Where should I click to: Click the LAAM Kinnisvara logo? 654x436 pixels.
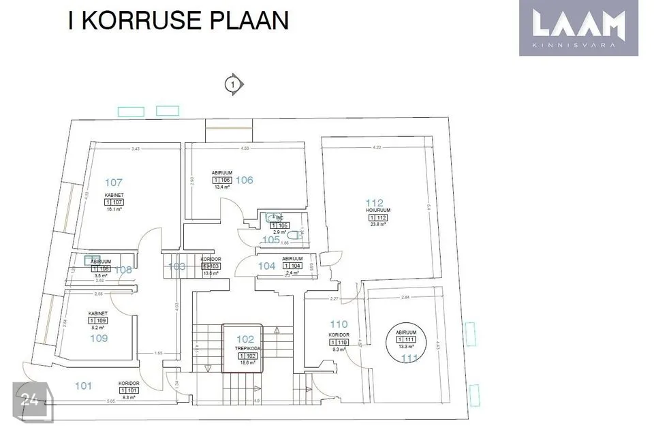coord(579,27)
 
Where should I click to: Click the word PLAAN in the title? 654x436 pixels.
coord(247,20)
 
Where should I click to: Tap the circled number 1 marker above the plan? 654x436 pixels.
coord(234,84)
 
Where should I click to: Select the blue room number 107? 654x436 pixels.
coord(114,182)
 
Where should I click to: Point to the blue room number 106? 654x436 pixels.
coord(245,180)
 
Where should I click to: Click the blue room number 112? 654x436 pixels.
coord(375,202)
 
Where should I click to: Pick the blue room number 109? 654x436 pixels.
coord(99,337)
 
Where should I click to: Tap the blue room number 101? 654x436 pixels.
coord(83,386)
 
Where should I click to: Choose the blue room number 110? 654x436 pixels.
coord(339,324)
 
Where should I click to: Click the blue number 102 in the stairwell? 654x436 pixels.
coord(245,338)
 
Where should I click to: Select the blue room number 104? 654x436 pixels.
coord(266,266)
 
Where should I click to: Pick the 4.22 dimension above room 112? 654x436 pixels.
coord(377,147)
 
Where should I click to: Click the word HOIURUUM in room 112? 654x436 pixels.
coord(377,211)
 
